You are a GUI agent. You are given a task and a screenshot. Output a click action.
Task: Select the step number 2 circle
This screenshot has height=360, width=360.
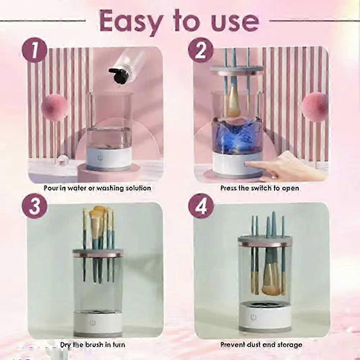tap(201, 50)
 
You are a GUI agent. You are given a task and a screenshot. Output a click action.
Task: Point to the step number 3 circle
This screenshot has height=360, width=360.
tap(35, 206)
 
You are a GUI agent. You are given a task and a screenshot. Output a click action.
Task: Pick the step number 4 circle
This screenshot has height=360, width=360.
tap(201, 206)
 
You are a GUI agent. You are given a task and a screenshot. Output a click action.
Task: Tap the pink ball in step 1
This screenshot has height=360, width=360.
tap(54, 107)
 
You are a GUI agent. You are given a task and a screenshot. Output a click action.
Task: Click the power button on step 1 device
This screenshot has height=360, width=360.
tap(100, 158)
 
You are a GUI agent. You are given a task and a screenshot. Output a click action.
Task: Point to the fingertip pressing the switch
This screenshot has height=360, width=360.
tap(248, 164)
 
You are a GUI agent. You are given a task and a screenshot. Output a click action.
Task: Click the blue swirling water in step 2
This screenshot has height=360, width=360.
tap(237, 135)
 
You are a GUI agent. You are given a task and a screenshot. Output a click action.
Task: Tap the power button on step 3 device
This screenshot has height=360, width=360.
tap(93, 323)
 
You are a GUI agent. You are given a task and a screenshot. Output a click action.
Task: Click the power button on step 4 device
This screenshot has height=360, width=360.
tap(253, 318)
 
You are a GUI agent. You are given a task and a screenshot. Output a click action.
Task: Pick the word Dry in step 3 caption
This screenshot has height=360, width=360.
tap(66, 345)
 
